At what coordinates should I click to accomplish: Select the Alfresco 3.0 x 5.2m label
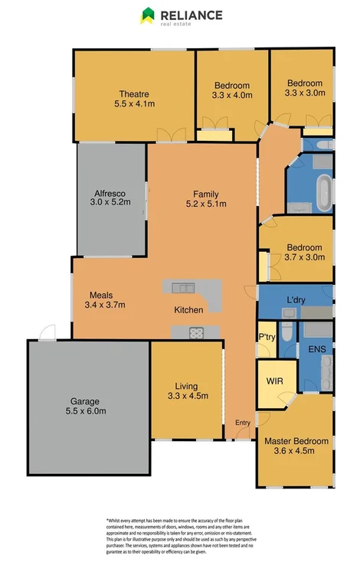tap(110, 198)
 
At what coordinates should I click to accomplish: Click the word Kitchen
tap(188, 310)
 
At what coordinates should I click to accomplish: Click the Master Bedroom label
tap(296, 446)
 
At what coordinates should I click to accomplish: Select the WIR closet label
tap(275, 381)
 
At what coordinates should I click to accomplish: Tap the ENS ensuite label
tap(316, 349)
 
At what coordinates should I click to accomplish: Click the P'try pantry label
tap(267, 338)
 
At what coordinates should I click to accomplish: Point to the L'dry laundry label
tap(296, 299)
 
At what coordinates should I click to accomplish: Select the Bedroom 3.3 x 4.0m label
tap(232, 90)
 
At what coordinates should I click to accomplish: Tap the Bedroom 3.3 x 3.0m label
tap(306, 88)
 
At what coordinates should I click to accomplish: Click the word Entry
tap(242, 422)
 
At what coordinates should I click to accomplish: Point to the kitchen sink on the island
tap(182, 287)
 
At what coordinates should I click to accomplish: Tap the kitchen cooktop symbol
tap(194, 332)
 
